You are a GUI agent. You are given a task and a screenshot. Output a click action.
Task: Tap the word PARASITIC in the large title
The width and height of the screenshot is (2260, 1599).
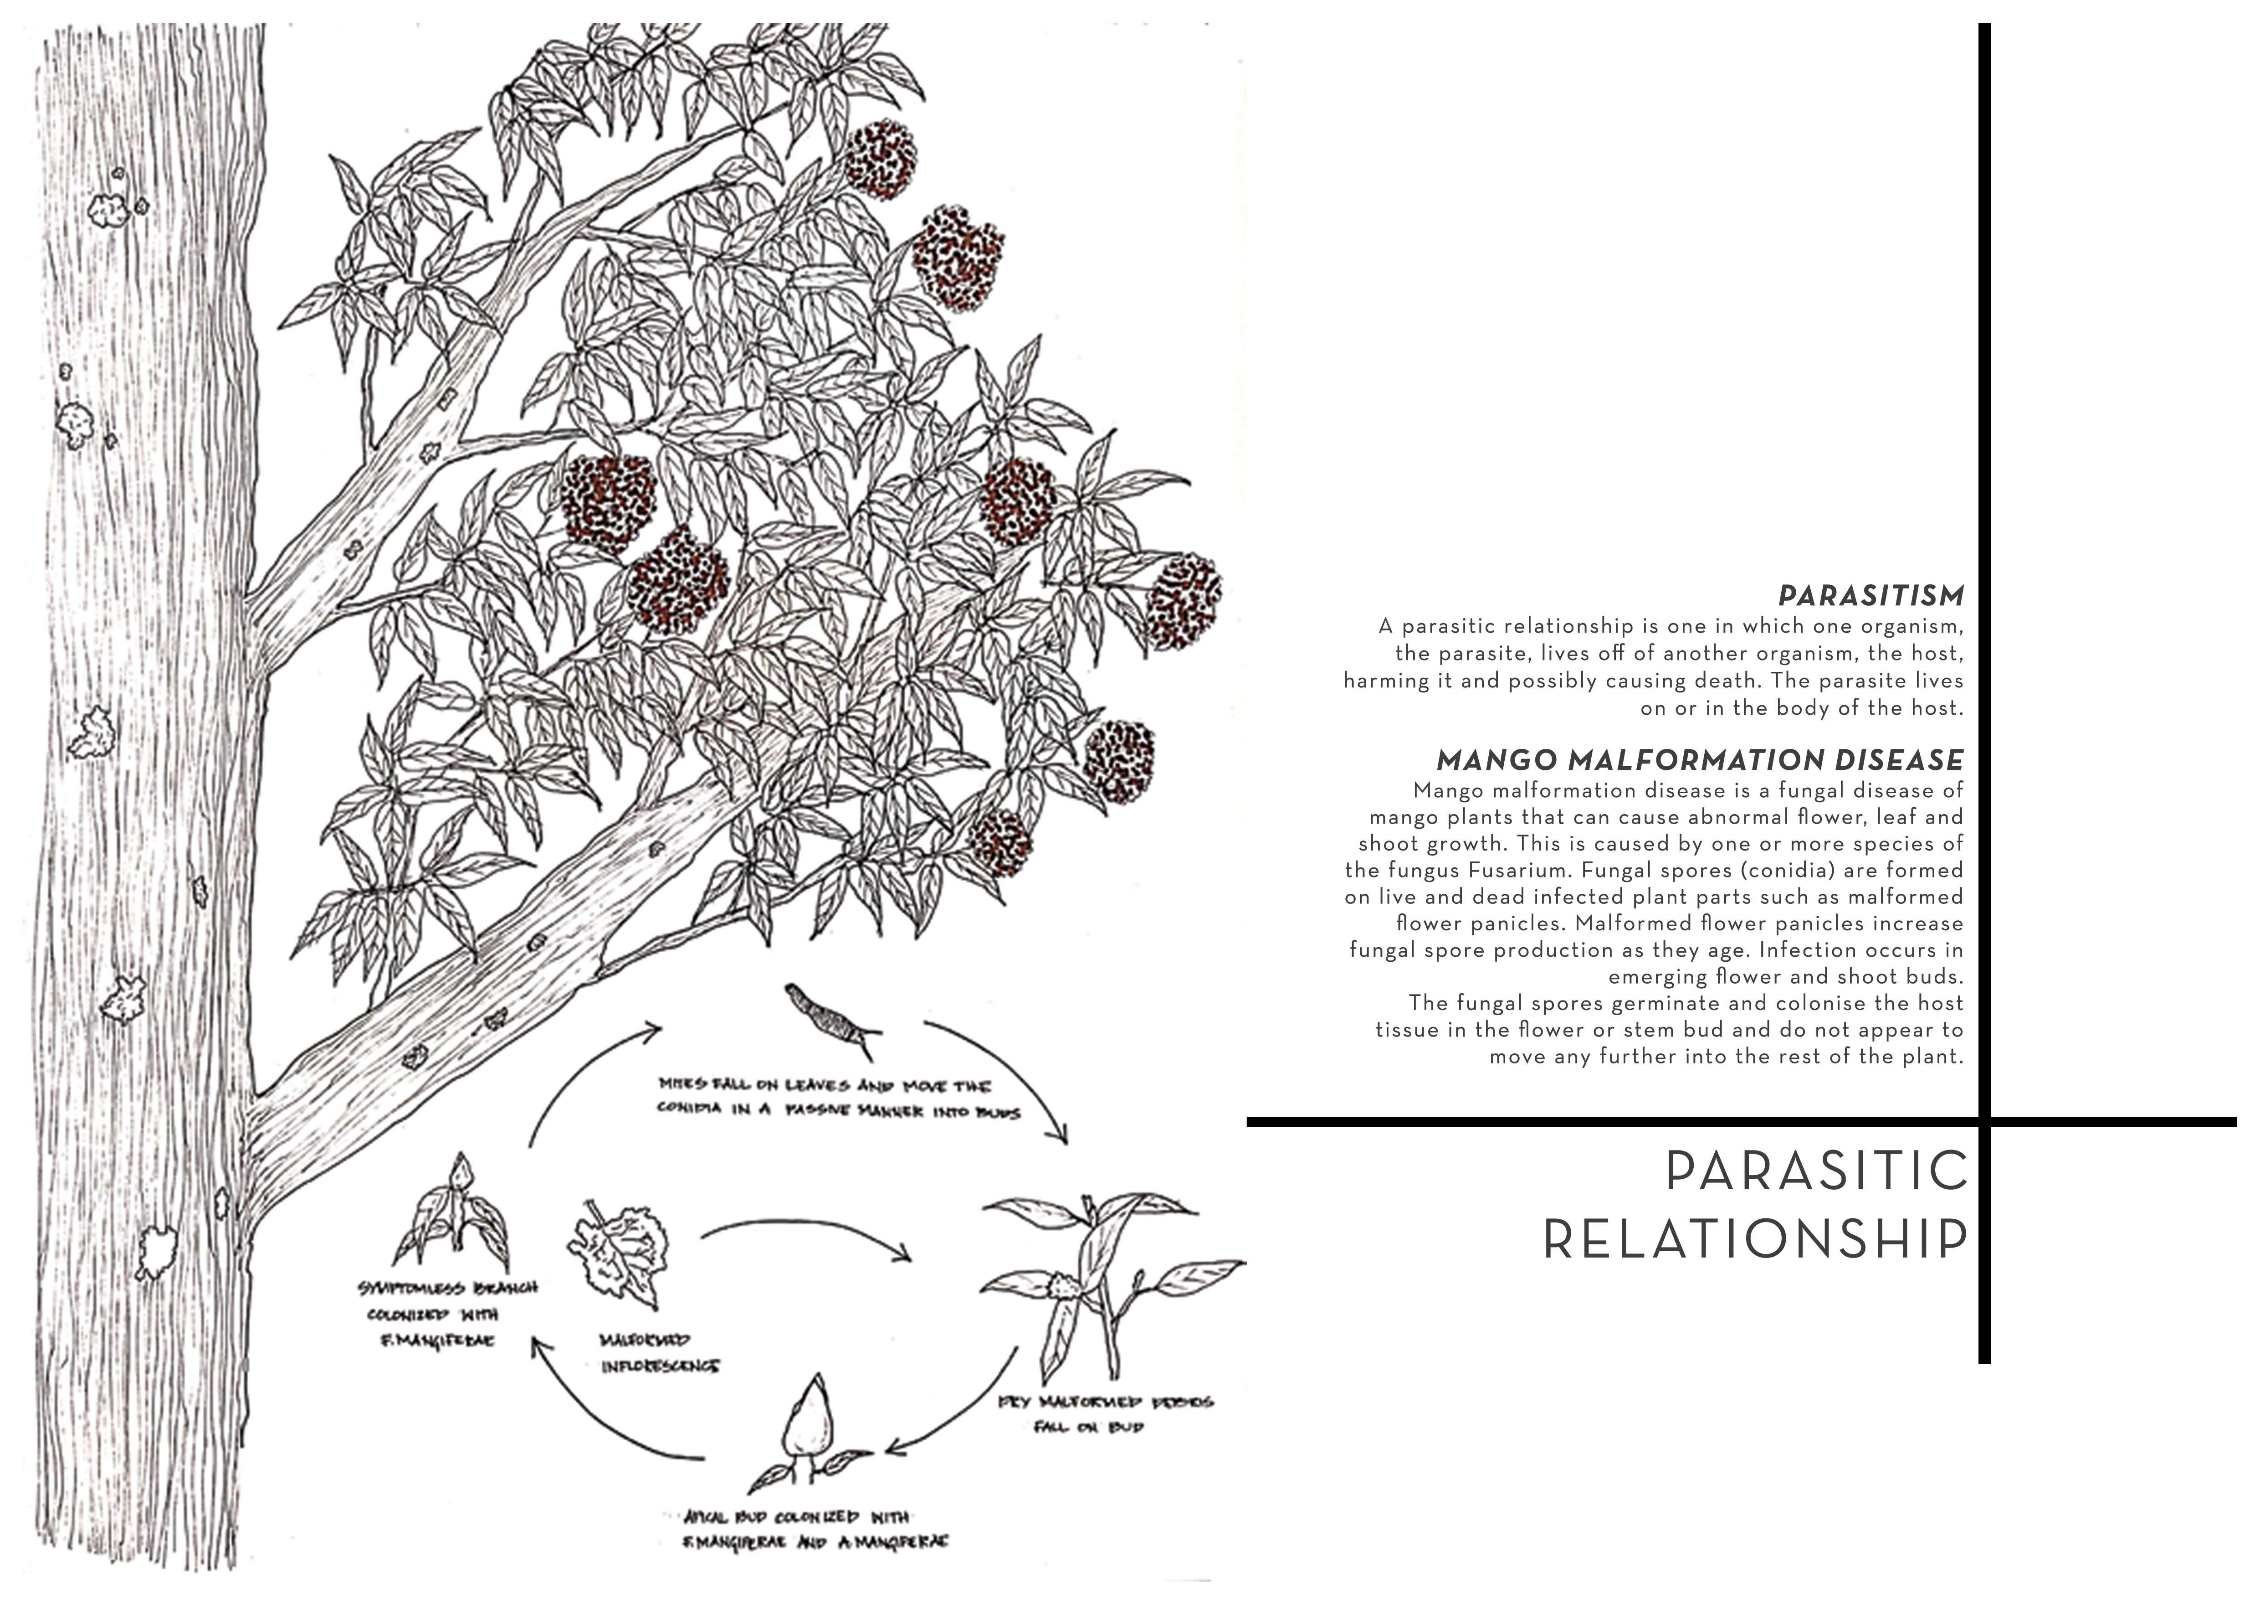point(1816,1172)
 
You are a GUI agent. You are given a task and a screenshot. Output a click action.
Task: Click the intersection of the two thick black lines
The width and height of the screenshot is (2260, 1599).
point(1984,1120)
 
